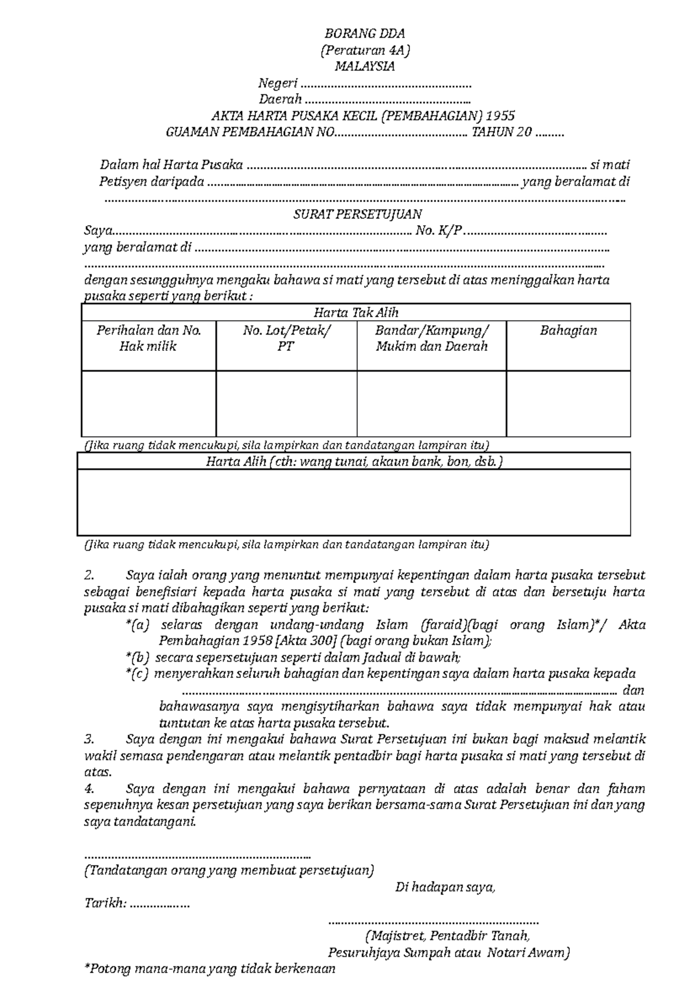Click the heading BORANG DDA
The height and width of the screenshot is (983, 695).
coord(364,34)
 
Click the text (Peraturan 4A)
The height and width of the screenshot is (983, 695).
coord(364,50)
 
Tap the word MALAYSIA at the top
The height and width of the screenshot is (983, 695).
coord(364,67)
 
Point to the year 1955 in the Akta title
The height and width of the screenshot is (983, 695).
coord(500,116)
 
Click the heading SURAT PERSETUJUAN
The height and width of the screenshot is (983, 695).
coord(357,214)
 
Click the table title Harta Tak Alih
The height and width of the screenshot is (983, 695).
coord(356,313)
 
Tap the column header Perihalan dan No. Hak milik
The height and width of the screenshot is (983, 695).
coord(149,339)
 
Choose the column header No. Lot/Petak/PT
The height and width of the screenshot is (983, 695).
coord(287,339)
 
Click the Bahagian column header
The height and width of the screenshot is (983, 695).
coord(568,331)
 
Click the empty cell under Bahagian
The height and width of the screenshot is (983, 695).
coord(568,404)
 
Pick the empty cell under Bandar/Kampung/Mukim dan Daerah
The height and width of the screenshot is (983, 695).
coord(431,404)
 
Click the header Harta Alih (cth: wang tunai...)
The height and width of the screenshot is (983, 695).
coord(354,462)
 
